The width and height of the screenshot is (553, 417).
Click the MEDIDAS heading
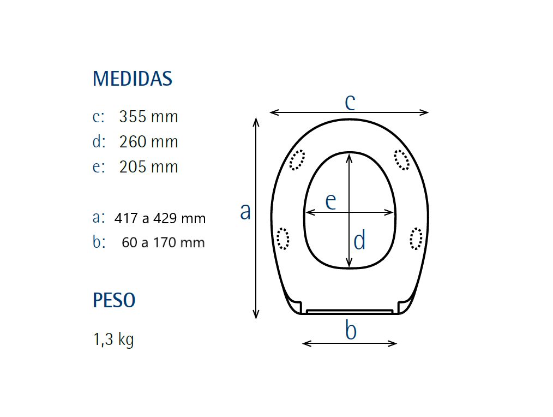pyautogui.click(x=133, y=79)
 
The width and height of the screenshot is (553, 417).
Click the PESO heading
pyautogui.click(x=114, y=300)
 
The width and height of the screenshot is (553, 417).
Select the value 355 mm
pyautogui.click(x=148, y=116)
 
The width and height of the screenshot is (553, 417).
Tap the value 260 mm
pyautogui.click(x=148, y=141)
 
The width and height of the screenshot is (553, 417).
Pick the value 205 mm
pyautogui.click(x=148, y=166)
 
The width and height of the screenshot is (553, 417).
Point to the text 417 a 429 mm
pyautogui.click(x=160, y=218)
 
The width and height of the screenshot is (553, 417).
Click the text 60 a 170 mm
pyautogui.click(x=163, y=242)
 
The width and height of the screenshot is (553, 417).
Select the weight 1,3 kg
pyautogui.click(x=113, y=339)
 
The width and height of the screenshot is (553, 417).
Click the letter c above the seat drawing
pyautogui.click(x=350, y=102)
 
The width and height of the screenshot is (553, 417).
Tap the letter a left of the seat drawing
pyautogui.click(x=245, y=211)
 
